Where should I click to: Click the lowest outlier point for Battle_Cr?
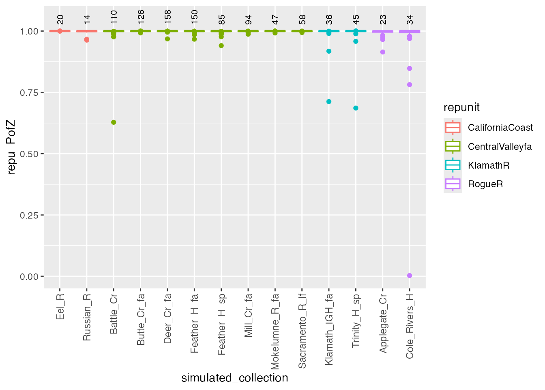114,122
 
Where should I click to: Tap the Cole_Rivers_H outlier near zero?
410,275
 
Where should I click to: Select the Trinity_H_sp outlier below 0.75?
356,108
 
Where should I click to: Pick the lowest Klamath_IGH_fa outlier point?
329,102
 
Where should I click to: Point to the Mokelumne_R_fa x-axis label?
275,331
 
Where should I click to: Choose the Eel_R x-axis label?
60,306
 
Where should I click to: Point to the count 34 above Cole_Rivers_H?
410,19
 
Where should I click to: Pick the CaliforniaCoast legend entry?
500,128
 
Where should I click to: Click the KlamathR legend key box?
453,165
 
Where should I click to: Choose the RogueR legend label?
485,184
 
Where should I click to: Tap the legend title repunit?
461,107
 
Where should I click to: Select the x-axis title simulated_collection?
234,378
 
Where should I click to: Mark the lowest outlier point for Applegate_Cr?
382,52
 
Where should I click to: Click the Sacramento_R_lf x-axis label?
302,331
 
